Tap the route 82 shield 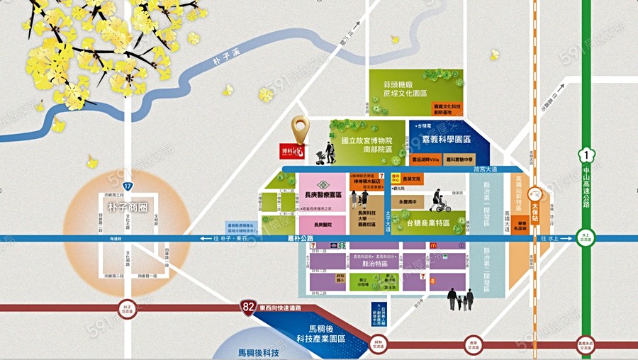pyautogui.click(x=247, y=308)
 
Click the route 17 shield pyautogui.click(x=127, y=186)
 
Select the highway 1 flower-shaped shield pyautogui.click(x=586, y=156)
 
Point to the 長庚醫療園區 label pyautogui.click(x=323, y=195)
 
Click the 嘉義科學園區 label pyautogui.click(x=447, y=140)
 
